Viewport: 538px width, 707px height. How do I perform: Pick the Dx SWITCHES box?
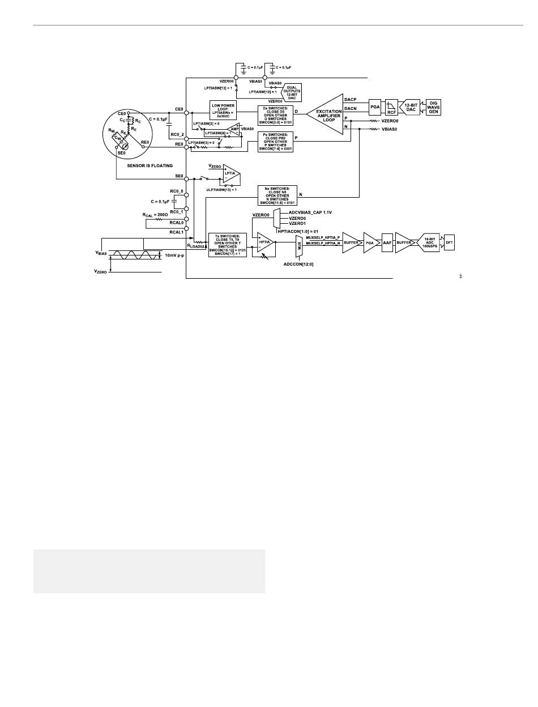coord(275,112)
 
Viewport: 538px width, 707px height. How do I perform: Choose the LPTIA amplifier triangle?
coord(230,174)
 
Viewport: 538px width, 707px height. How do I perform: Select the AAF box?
coord(387,242)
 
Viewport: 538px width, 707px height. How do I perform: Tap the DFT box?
coord(449,242)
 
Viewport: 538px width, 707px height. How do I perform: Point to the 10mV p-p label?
coord(176,255)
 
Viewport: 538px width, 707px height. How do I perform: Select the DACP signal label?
coord(351,99)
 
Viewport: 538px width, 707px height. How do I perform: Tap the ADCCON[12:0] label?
coord(300,263)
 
